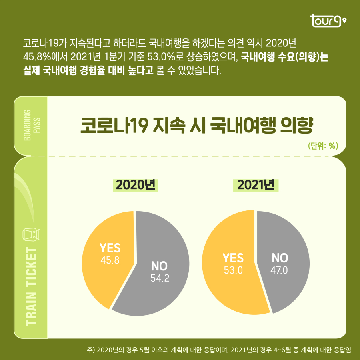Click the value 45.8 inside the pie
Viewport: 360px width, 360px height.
(x=110, y=260)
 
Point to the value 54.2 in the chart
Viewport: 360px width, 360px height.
(x=160, y=278)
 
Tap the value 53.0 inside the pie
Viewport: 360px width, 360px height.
(x=233, y=270)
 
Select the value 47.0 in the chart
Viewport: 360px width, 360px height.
(x=279, y=270)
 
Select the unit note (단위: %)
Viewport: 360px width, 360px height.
(x=323, y=146)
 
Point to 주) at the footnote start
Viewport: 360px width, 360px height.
(x=90, y=349)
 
